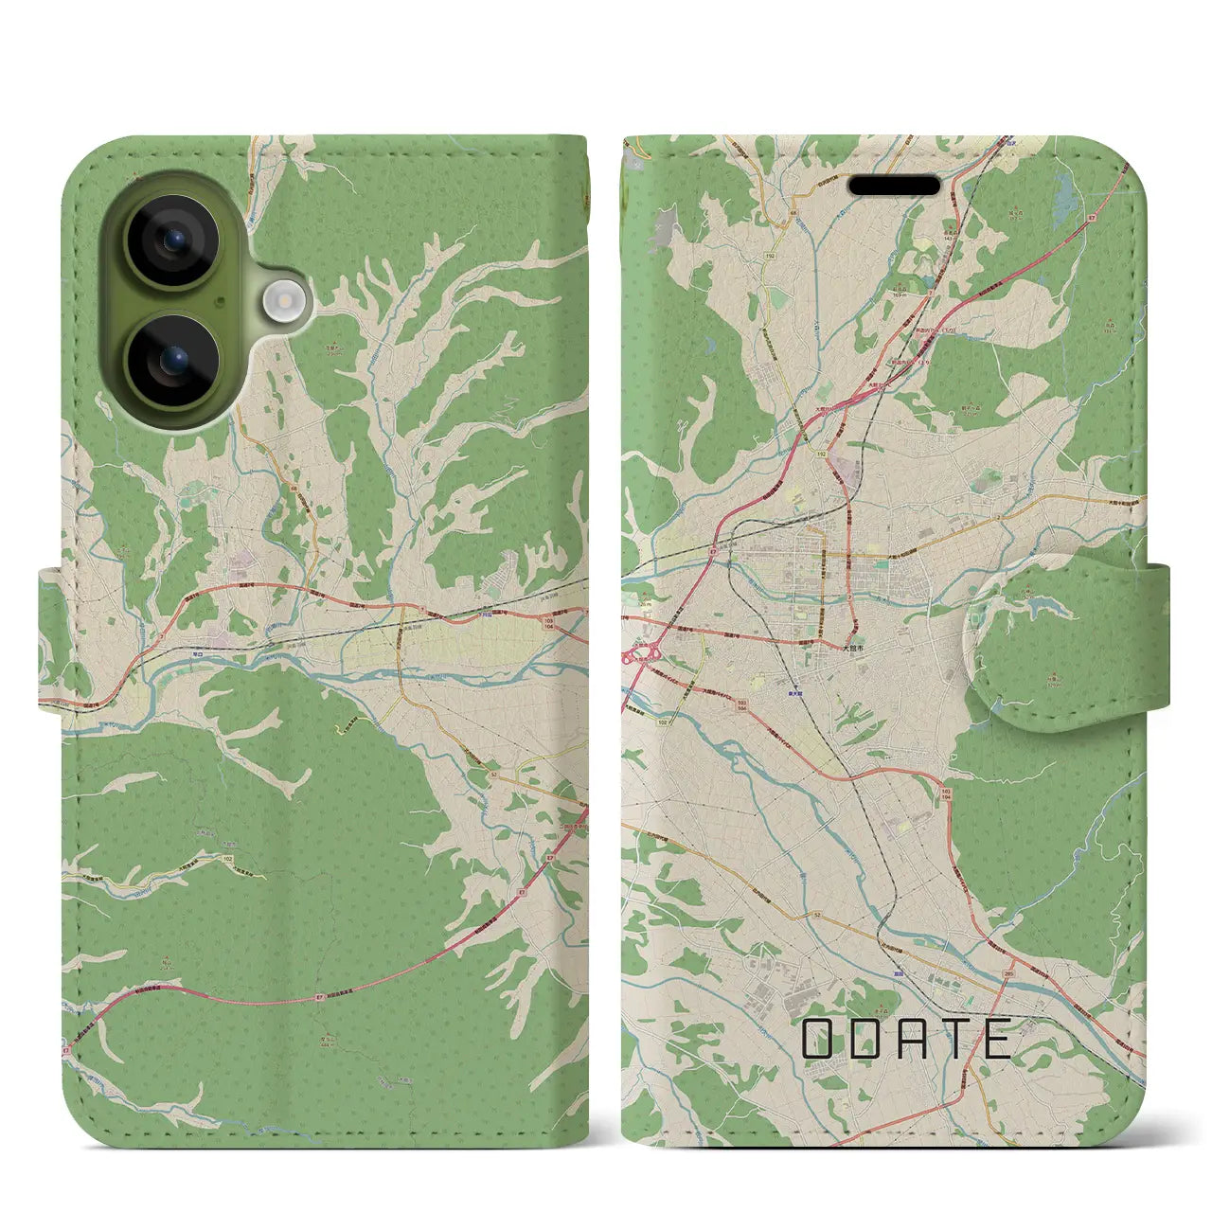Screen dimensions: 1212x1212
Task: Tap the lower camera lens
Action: [x=173, y=360]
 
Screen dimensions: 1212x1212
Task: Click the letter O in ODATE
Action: [x=817, y=1040]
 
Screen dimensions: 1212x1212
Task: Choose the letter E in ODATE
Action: [x=997, y=1040]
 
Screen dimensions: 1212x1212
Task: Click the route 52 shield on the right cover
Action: [x=815, y=915]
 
